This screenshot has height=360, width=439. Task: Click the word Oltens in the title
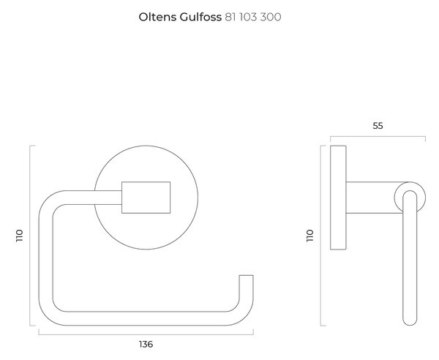pos(157,17)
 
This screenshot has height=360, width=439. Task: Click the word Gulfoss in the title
pos(200,17)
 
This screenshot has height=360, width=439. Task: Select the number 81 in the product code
pos(231,17)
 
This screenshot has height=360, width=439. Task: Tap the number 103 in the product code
pos(248,17)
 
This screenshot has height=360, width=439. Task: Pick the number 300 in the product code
pos(271,17)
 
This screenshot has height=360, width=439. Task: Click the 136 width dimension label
pos(146,344)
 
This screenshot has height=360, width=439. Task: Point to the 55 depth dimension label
pos(378,126)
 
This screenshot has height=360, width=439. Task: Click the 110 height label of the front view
pos(19,236)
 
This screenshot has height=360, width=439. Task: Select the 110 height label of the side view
pos(310,236)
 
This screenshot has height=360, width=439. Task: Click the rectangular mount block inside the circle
pos(146,198)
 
